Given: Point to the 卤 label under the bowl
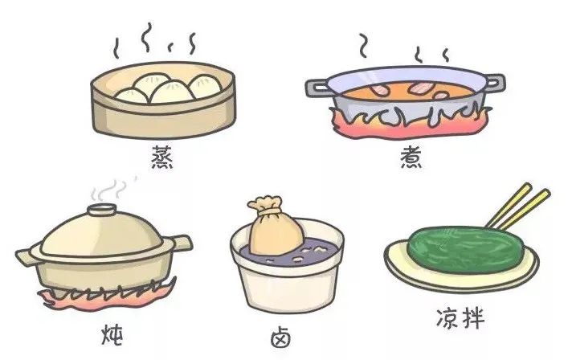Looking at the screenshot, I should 281,337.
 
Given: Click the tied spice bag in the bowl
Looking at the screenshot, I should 275,231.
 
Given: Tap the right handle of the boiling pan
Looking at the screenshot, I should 493,82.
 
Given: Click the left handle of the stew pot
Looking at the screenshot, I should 27,258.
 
